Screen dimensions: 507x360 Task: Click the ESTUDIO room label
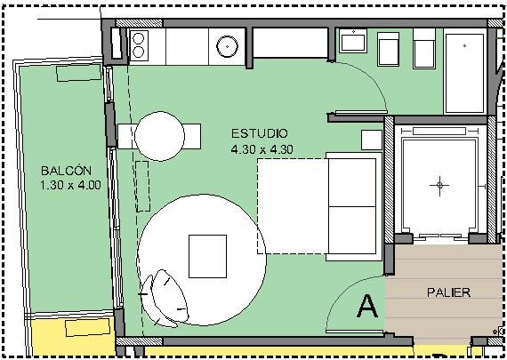260,133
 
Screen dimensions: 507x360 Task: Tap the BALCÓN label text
67,171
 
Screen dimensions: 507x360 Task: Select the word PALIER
448,292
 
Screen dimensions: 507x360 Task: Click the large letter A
367,306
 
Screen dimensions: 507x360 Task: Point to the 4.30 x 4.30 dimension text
262,149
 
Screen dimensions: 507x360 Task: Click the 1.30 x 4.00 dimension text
70,185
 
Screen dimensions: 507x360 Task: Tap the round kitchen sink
227,46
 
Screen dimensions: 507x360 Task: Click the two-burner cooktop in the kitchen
139,45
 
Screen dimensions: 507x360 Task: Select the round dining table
160,136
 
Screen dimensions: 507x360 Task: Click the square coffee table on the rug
207,256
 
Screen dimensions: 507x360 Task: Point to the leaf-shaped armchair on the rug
165,299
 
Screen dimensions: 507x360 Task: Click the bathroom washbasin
353,41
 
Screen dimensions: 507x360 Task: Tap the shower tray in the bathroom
464,71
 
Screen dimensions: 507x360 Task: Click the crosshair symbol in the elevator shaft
439,186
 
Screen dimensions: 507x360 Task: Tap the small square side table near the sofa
372,140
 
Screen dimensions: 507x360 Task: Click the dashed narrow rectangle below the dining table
142,186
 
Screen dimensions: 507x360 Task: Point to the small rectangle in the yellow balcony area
88,327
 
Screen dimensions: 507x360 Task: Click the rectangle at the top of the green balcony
79,73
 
